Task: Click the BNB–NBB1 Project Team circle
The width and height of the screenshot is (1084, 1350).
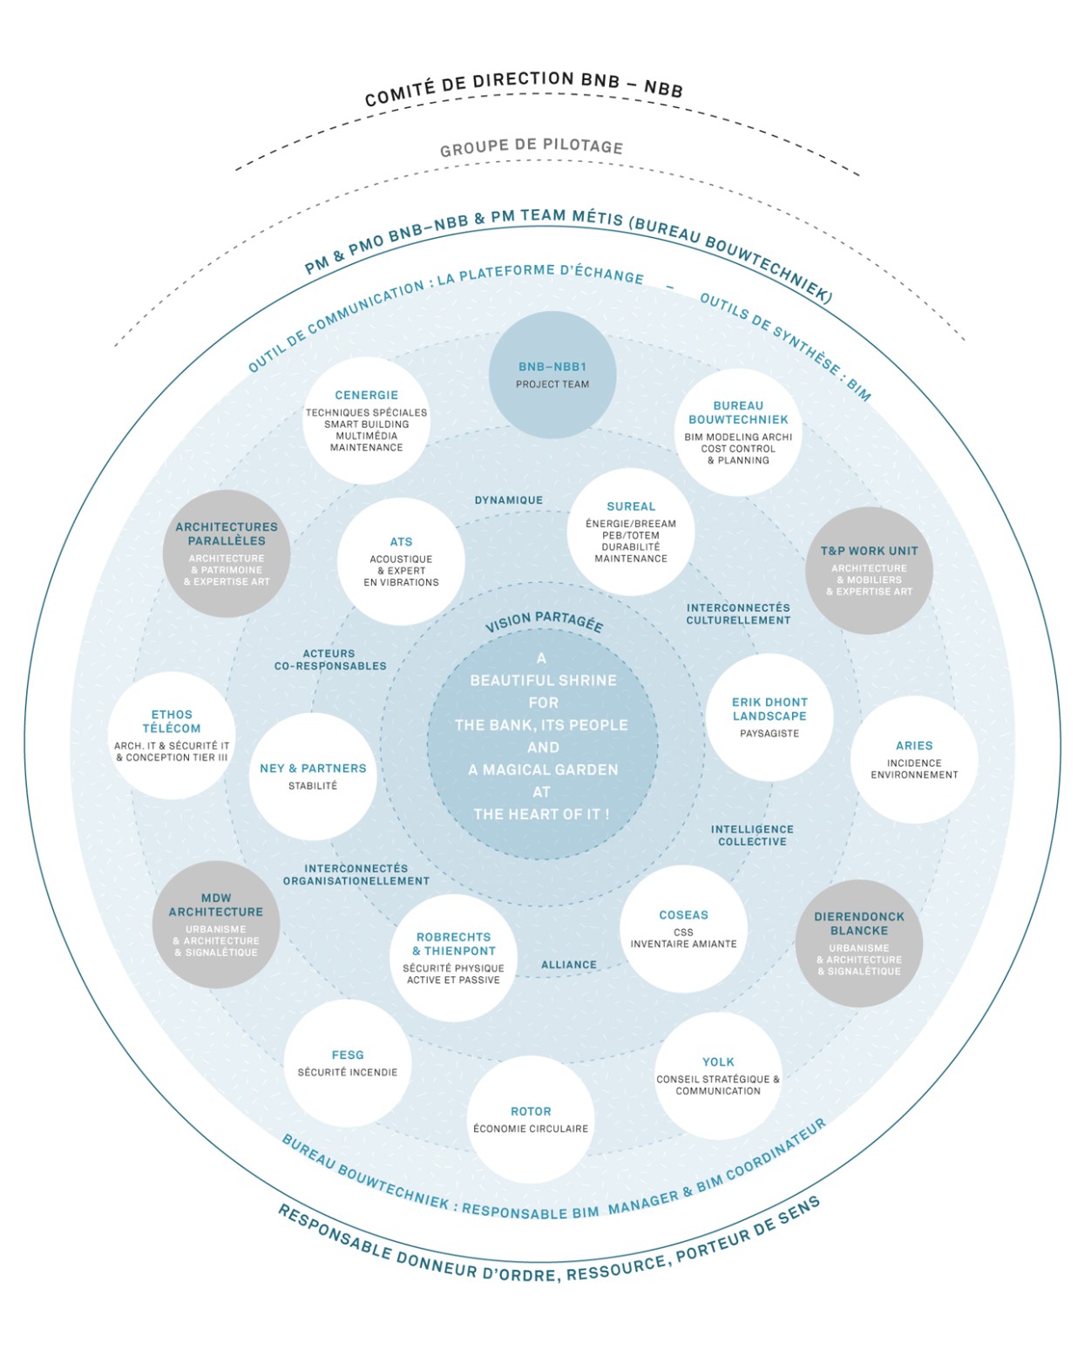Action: [552, 375]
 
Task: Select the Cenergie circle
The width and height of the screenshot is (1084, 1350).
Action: [367, 420]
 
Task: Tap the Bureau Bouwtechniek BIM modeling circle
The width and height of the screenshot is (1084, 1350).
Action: [738, 432]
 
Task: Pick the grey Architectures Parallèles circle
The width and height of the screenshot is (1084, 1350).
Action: [227, 553]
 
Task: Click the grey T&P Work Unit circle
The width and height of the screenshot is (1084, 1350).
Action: [869, 571]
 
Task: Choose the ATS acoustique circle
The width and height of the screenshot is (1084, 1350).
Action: [401, 561]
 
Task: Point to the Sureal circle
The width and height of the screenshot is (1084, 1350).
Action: [631, 532]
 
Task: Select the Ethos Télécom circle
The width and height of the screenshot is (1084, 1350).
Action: [172, 736]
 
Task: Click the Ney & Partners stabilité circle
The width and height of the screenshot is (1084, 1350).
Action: [313, 777]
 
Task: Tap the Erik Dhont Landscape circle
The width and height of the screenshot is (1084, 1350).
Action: [769, 717]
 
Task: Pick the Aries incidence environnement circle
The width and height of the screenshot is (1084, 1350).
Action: [914, 759]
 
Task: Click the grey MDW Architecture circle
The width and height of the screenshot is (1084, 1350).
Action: [216, 925]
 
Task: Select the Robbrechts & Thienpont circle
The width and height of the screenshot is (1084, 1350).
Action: [453, 957]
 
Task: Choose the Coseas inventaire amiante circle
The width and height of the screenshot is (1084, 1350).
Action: [683, 929]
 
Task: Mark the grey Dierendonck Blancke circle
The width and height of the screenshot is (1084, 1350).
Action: [859, 943]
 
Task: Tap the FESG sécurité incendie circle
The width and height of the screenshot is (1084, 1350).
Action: [348, 1062]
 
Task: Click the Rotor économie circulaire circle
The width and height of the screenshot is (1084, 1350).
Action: [531, 1119]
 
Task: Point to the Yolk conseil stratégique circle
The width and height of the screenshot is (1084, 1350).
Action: [718, 1075]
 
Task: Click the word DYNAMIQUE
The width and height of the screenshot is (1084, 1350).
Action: [509, 500]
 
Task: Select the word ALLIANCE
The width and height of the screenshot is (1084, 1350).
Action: [569, 965]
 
